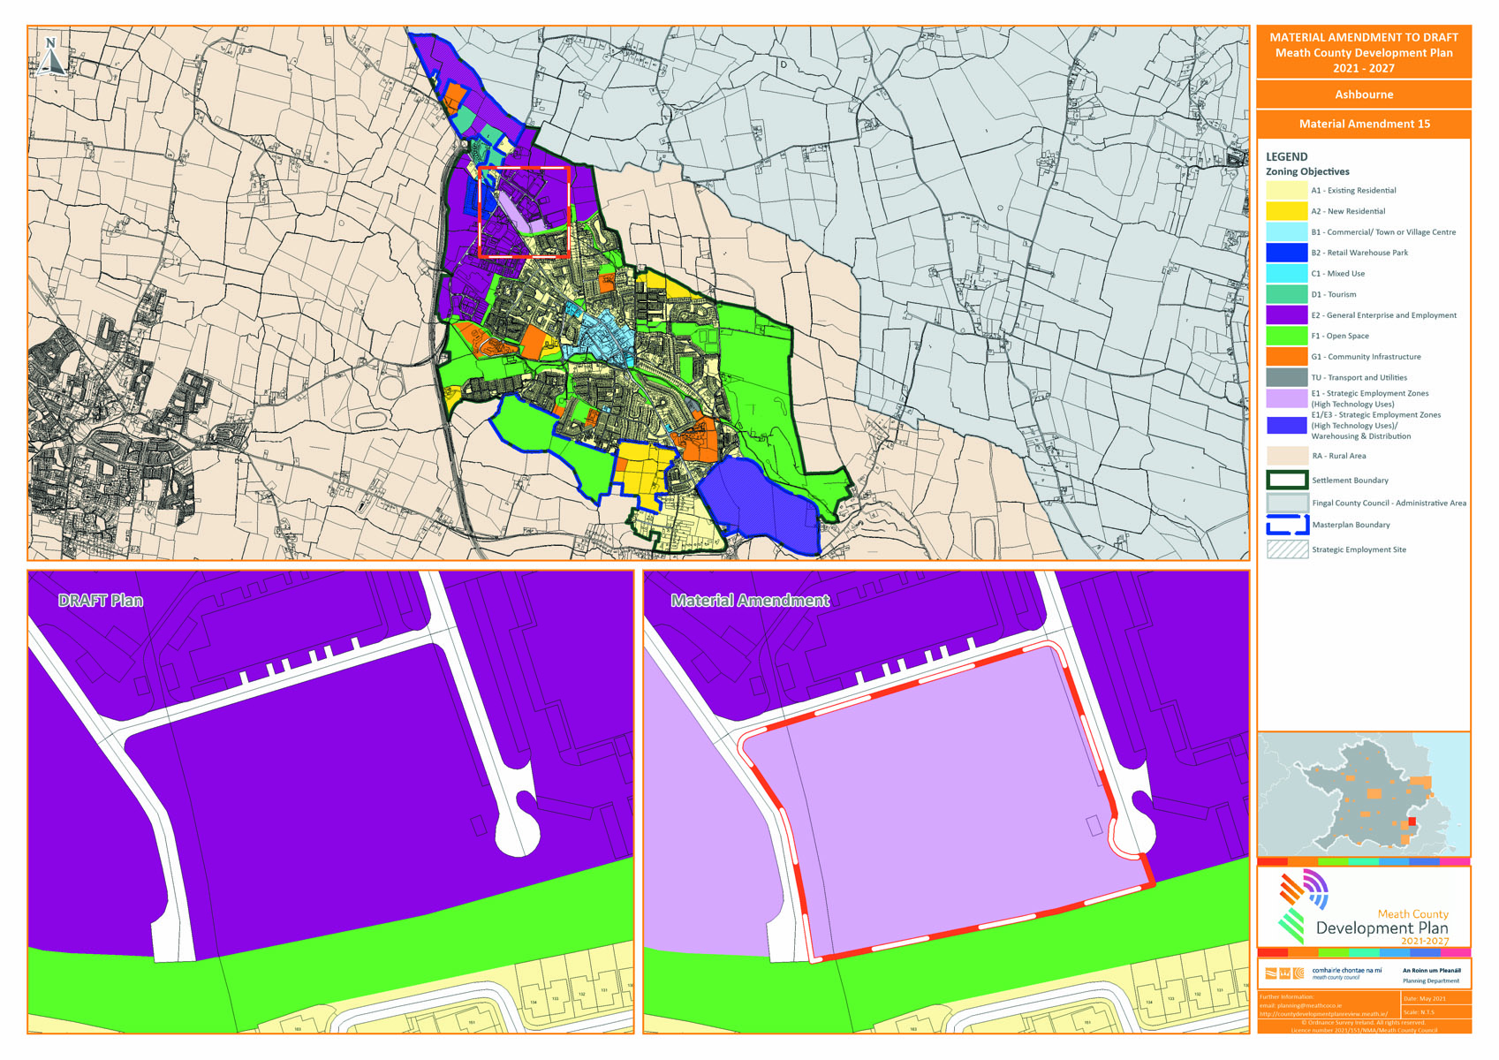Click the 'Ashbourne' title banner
[1364, 95]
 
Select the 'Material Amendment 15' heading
[1364, 124]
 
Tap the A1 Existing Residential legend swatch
[1286, 190]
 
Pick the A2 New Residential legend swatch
[1286, 211]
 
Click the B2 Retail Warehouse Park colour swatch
[1286, 253]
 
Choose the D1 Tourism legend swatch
[1286, 294]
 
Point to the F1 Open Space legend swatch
[1286, 336]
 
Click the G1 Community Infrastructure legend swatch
[1286, 356]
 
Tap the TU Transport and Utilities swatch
[1286, 377]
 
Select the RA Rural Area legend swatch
[1286, 456]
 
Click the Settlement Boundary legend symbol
[1286, 481]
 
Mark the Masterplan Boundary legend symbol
[1286, 525]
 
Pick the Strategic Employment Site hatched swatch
[1286, 549]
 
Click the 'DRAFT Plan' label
[101, 601]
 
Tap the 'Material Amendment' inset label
[750, 601]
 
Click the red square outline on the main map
[524, 168]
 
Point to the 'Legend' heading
[1286, 156]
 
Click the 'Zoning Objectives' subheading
[1307, 171]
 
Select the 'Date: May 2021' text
[1427, 998]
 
